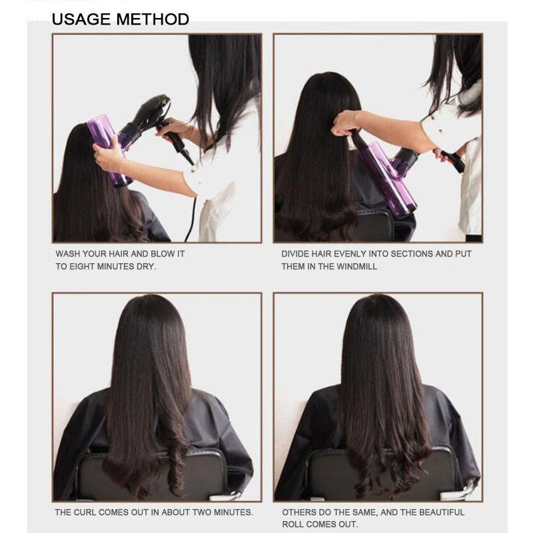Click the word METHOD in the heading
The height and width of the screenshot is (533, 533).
153,19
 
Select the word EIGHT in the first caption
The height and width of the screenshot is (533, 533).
82,267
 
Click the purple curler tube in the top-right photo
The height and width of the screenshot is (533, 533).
388,179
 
